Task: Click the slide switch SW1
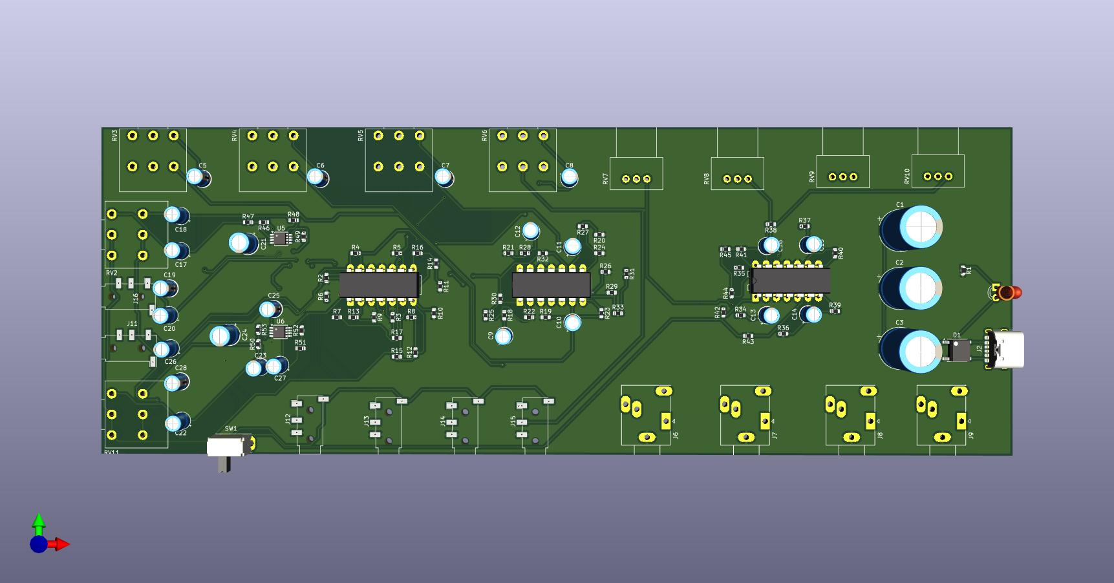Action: coord(226,447)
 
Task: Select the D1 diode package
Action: coord(958,351)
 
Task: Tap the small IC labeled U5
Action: coord(280,238)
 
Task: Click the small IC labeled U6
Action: coord(279,332)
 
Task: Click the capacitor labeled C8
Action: coord(569,176)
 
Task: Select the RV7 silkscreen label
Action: coord(605,179)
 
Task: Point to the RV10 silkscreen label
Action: coord(906,176)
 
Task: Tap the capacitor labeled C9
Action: coord(504,335)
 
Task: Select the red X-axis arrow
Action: coord(61,544)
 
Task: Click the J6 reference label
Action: coord(675,435)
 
